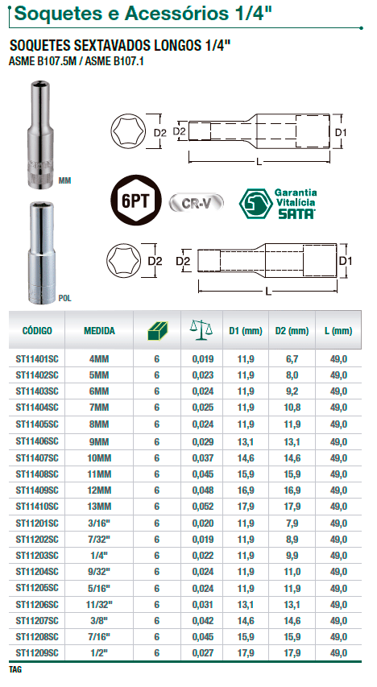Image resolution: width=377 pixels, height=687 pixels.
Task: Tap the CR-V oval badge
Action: coord(197,203)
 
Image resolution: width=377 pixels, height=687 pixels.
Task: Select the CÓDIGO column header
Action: coord(37,330)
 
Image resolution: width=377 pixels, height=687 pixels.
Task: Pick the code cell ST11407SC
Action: coord(37,457)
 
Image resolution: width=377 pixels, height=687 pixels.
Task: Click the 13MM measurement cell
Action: coord(99,506)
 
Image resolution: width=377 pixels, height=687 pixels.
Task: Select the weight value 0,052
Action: coord(202,506)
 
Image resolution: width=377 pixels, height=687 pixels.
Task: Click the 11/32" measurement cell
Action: coord(99,604)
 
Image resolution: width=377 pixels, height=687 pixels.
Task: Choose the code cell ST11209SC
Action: coord(37,652)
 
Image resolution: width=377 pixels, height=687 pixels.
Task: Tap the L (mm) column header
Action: coord(338,330)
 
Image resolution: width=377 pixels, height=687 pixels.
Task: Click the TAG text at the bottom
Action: coord(14,670)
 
